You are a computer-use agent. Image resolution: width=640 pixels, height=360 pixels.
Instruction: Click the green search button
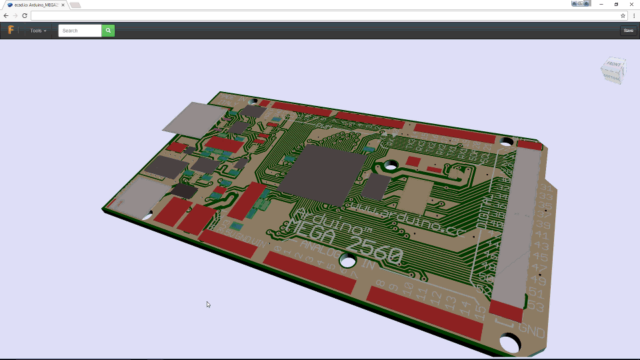pos(108,31)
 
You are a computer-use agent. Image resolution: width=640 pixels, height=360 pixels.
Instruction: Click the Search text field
pos(80,31)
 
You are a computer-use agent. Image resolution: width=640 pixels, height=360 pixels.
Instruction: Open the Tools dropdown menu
pos(38,31)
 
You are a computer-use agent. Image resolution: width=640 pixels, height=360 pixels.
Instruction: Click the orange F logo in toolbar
pos(11,30)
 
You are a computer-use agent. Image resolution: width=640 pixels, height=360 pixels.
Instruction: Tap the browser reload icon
pos(25,15)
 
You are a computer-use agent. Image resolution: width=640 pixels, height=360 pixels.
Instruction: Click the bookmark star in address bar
pos(623,15)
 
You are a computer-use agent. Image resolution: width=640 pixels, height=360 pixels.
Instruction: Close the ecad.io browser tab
pos(65,5)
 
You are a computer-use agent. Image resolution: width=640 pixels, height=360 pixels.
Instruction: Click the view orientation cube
pos(613,70)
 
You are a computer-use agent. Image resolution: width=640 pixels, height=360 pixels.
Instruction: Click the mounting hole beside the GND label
pos(510,343)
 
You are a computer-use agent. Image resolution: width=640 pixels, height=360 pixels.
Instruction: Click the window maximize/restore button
pos(616,5)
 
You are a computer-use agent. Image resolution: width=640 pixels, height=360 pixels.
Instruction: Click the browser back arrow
pos(6,15)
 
